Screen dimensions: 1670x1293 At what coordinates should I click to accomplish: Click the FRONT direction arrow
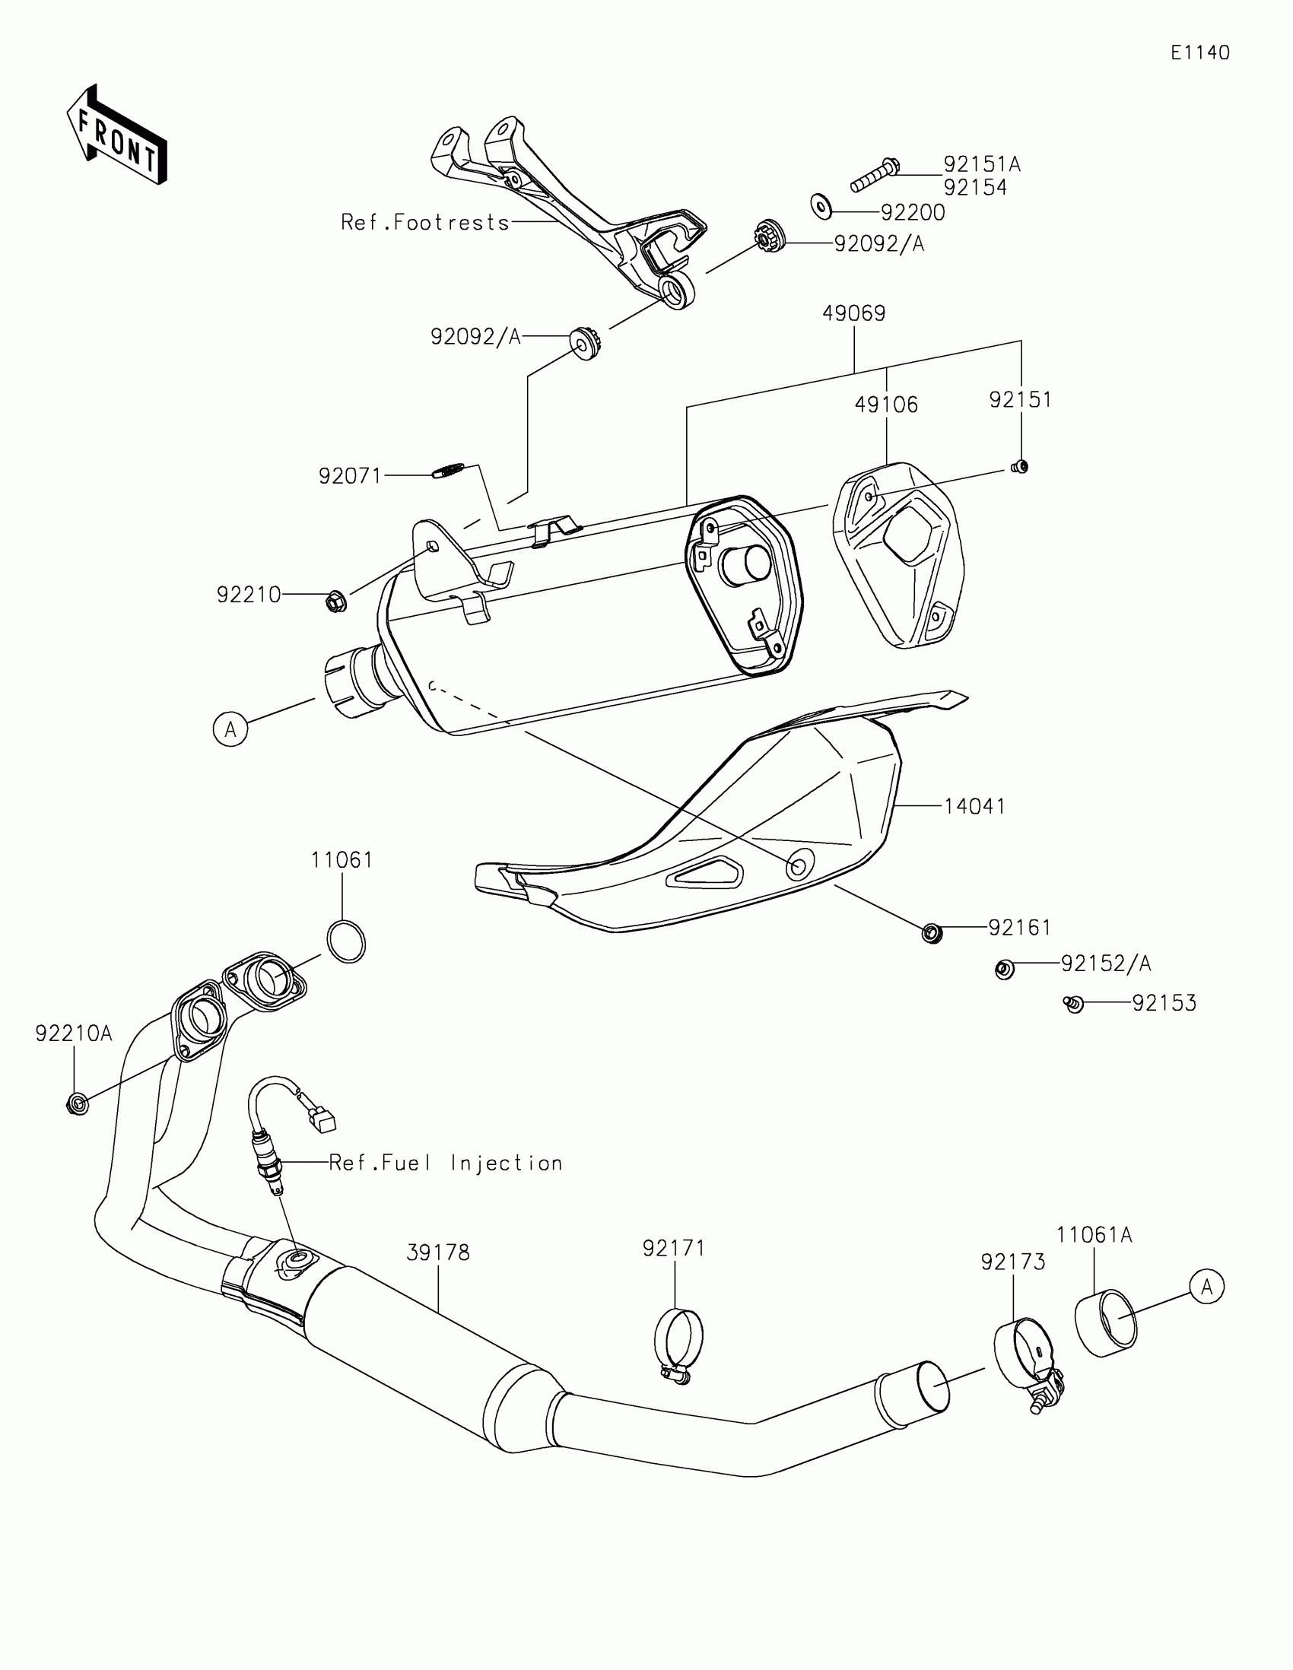pyautogui.click(x=117, y=135)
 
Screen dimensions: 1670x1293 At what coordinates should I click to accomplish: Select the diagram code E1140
pyautogui.click(x=1199, y=52)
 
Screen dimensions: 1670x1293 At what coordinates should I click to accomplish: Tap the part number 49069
pyautogui.click(x=853, y=313)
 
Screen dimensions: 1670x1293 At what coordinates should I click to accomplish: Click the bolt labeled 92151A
pyautogui.click(x=875, y=174)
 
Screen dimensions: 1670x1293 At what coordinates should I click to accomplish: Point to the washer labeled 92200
pyautogui.click(x=821, y=205)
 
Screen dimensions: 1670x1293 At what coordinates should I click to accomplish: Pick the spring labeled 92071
pyautogui.click(x=450, y=470)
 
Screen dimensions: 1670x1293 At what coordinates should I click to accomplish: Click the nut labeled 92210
pyautogui.click(x=335, y=602)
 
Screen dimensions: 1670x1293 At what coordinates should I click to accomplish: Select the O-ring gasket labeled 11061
pyautogui.click(x=346, y=941)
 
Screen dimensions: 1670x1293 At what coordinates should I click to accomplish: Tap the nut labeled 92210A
pyautogui.click(x=76, y=1103)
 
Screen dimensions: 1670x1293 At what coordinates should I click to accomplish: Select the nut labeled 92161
pyautogui.click(x=931, y=933)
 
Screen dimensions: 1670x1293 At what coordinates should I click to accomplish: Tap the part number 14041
pyautogui.click(x=974, y=806)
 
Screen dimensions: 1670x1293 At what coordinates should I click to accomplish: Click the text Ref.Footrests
pyautogui.click(x=425, y=223)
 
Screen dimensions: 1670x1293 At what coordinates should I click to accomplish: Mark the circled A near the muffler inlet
pyautogui.click(x=230, y=729)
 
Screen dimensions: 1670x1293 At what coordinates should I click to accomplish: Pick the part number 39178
pyautogui.click(x=438, y=1252)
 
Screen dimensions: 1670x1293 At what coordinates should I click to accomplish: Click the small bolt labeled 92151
pyautogui.click(x=1019, y=466)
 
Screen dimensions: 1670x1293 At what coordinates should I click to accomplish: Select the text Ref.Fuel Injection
pyautogui.click(x=446, y=1163)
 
